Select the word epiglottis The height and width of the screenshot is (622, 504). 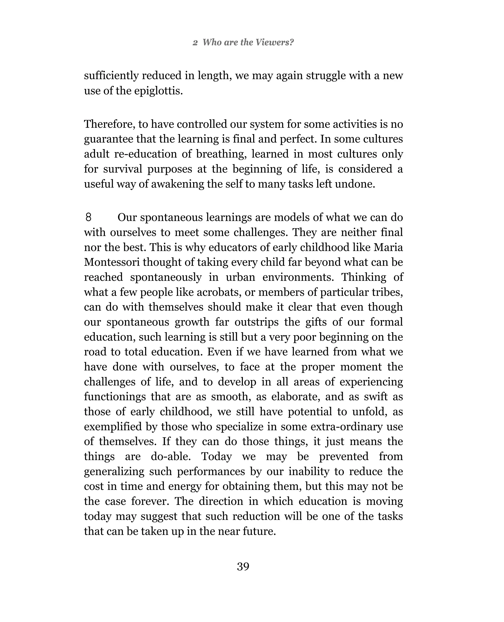tap(158, 91)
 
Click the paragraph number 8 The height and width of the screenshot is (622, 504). tap(89, 217)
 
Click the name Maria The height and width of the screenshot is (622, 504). tap(388, 247)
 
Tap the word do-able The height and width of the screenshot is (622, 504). tap(171, 457)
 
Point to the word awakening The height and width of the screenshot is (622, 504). tap(178, 184)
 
